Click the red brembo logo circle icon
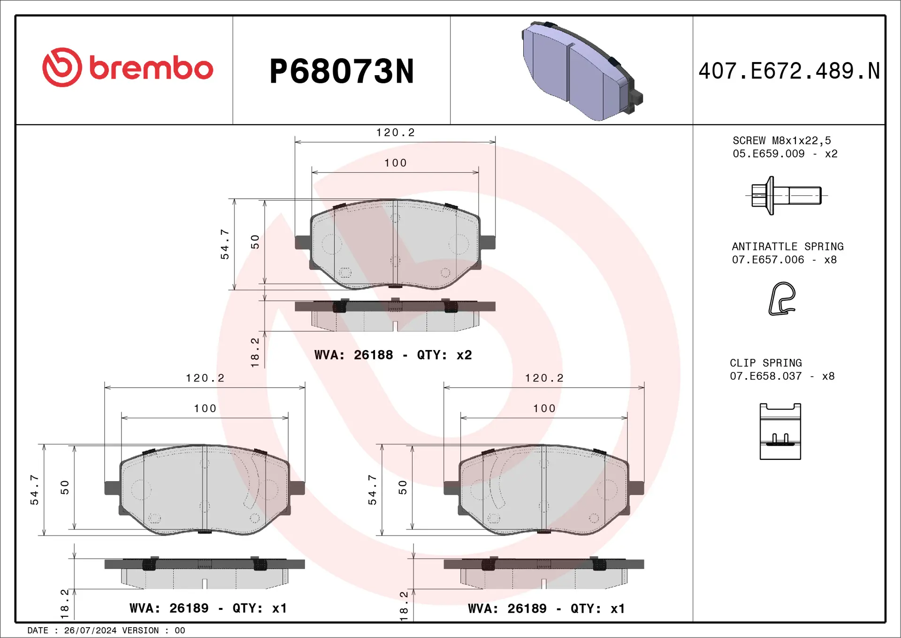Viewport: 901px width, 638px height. (x=62, y=67)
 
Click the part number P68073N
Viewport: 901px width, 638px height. (x=341, y=71)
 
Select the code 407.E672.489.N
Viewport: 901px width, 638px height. (x=789, y=71)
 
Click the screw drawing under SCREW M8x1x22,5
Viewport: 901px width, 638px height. (x=786, y=195)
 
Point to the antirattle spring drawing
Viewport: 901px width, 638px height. (x=782, y=299)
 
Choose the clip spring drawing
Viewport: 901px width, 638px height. (x=780, y=431)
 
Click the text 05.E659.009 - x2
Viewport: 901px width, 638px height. (x=785, y=154)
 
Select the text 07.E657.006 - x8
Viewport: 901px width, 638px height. (x=784, y=260)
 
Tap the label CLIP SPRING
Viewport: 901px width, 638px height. (x=765, y=363)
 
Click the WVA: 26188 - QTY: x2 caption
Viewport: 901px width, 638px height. (x=393, y=355)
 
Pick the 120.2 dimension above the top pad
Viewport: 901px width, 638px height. (x=395, y=133)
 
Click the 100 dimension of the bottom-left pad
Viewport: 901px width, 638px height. (x=205, y=409)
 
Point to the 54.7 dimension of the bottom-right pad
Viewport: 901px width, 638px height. (x=372, y=490)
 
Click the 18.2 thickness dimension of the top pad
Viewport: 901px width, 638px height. (x=255, y=352)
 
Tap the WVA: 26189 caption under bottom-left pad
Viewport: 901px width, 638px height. (x=208, y=608)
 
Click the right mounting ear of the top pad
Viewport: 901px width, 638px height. (x=488, y=242)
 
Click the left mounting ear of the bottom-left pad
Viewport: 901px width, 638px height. (x=112, y=488)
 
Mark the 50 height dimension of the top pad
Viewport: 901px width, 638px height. (x=255, y=242)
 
